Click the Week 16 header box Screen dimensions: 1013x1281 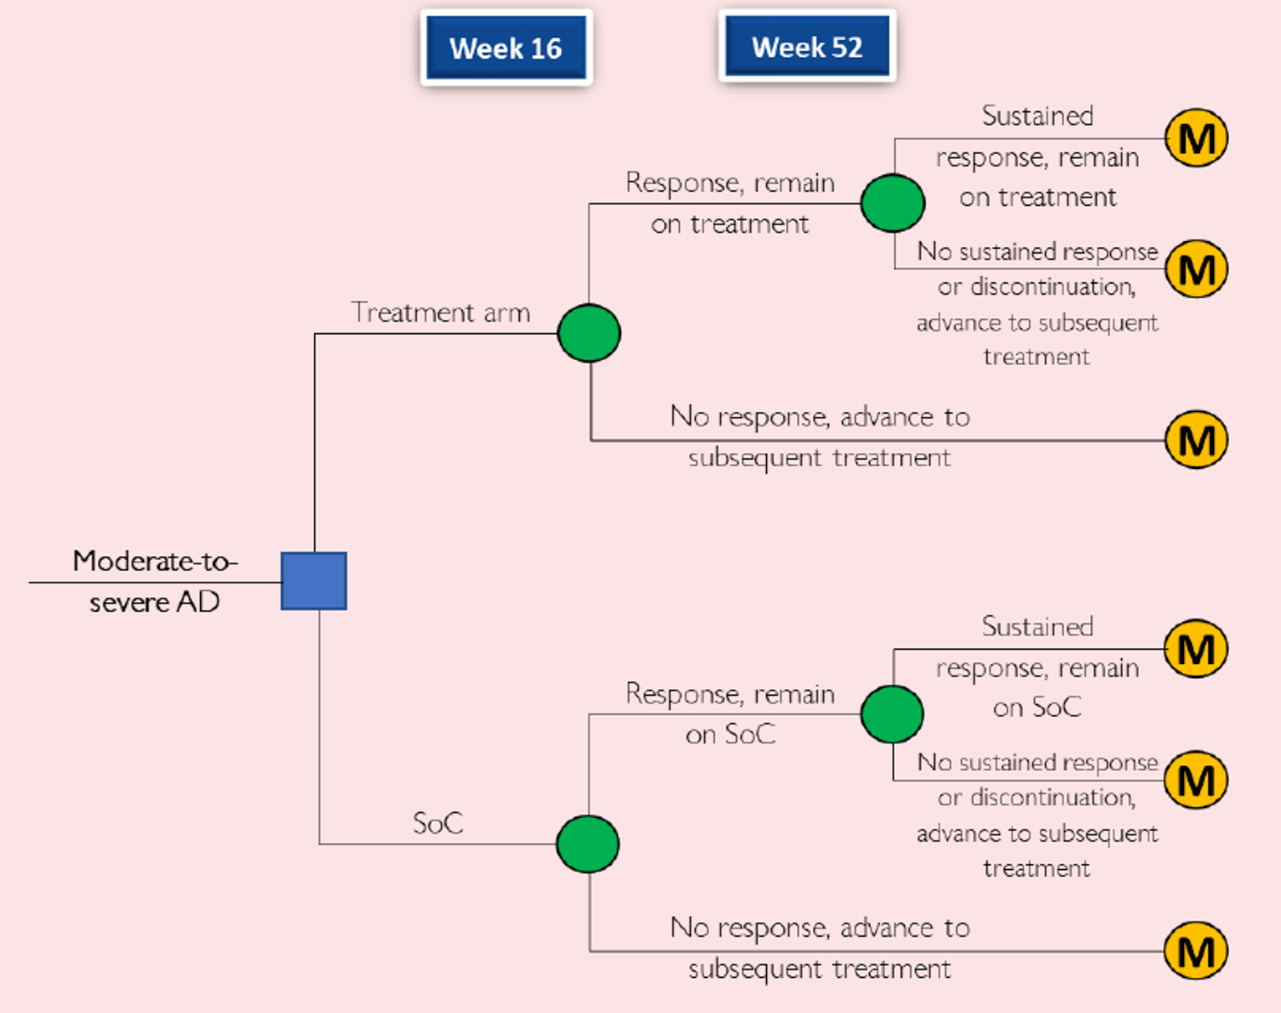(x=506, y=48)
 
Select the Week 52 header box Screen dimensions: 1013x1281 (x=807, y=47)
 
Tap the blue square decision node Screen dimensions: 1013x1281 (x=314, y=581)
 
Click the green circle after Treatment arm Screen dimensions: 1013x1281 (x=589, y=333)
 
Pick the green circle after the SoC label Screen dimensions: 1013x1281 (x=588, y=844)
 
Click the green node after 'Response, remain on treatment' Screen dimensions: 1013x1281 (x=893, y=203)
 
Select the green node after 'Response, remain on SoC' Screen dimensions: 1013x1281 (x=893, y=714)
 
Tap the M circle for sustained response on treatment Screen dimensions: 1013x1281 (x=1196, y=138)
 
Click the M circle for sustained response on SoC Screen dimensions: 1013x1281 (x=1196, y=649)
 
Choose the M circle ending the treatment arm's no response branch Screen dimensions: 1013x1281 (x=1196, y=440)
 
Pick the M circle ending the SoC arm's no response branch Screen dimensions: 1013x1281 (x=1196, y=951)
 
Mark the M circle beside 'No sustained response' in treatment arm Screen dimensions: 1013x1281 (x=1196, y=269)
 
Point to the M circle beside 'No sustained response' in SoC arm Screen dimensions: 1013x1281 (x=1196, y=780)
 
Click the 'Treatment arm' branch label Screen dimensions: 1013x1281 (x=440, y=312)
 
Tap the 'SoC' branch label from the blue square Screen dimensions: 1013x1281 (x=438, y=823)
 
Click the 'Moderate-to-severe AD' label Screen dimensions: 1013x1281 (x=155, y=581)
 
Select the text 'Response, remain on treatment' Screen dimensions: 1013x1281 (x=730, y=203)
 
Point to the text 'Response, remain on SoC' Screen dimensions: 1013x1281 (x=730, y=714)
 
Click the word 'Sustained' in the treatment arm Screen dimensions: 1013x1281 (x=1037, y=116)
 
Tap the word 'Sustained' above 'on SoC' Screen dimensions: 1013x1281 (x=1037, y=627)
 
